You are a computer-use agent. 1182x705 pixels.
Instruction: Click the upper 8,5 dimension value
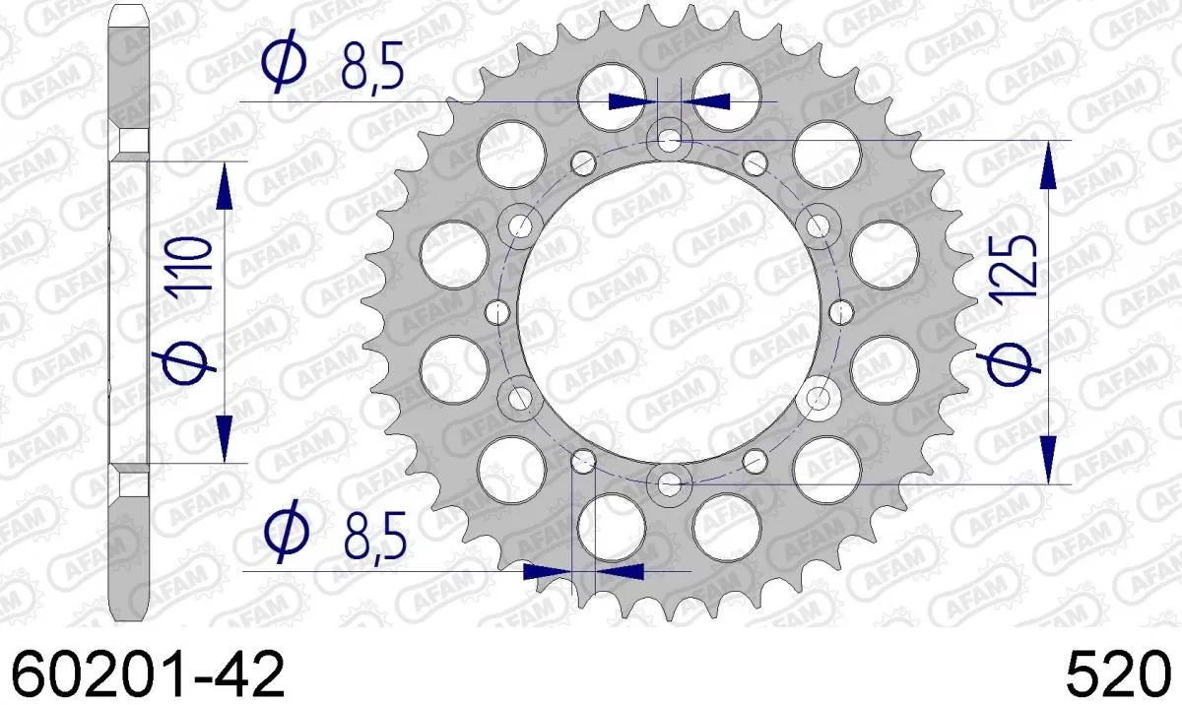pos(373,68)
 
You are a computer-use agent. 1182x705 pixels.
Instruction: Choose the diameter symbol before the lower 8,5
pos(287,535)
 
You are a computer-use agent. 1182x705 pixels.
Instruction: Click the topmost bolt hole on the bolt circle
pos(670,141)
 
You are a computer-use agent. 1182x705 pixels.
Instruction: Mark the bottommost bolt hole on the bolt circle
pos(670,483)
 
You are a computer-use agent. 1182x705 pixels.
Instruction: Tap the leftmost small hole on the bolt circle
pos(498,312)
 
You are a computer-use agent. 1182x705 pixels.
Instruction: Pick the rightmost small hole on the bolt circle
pos(840,312)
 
